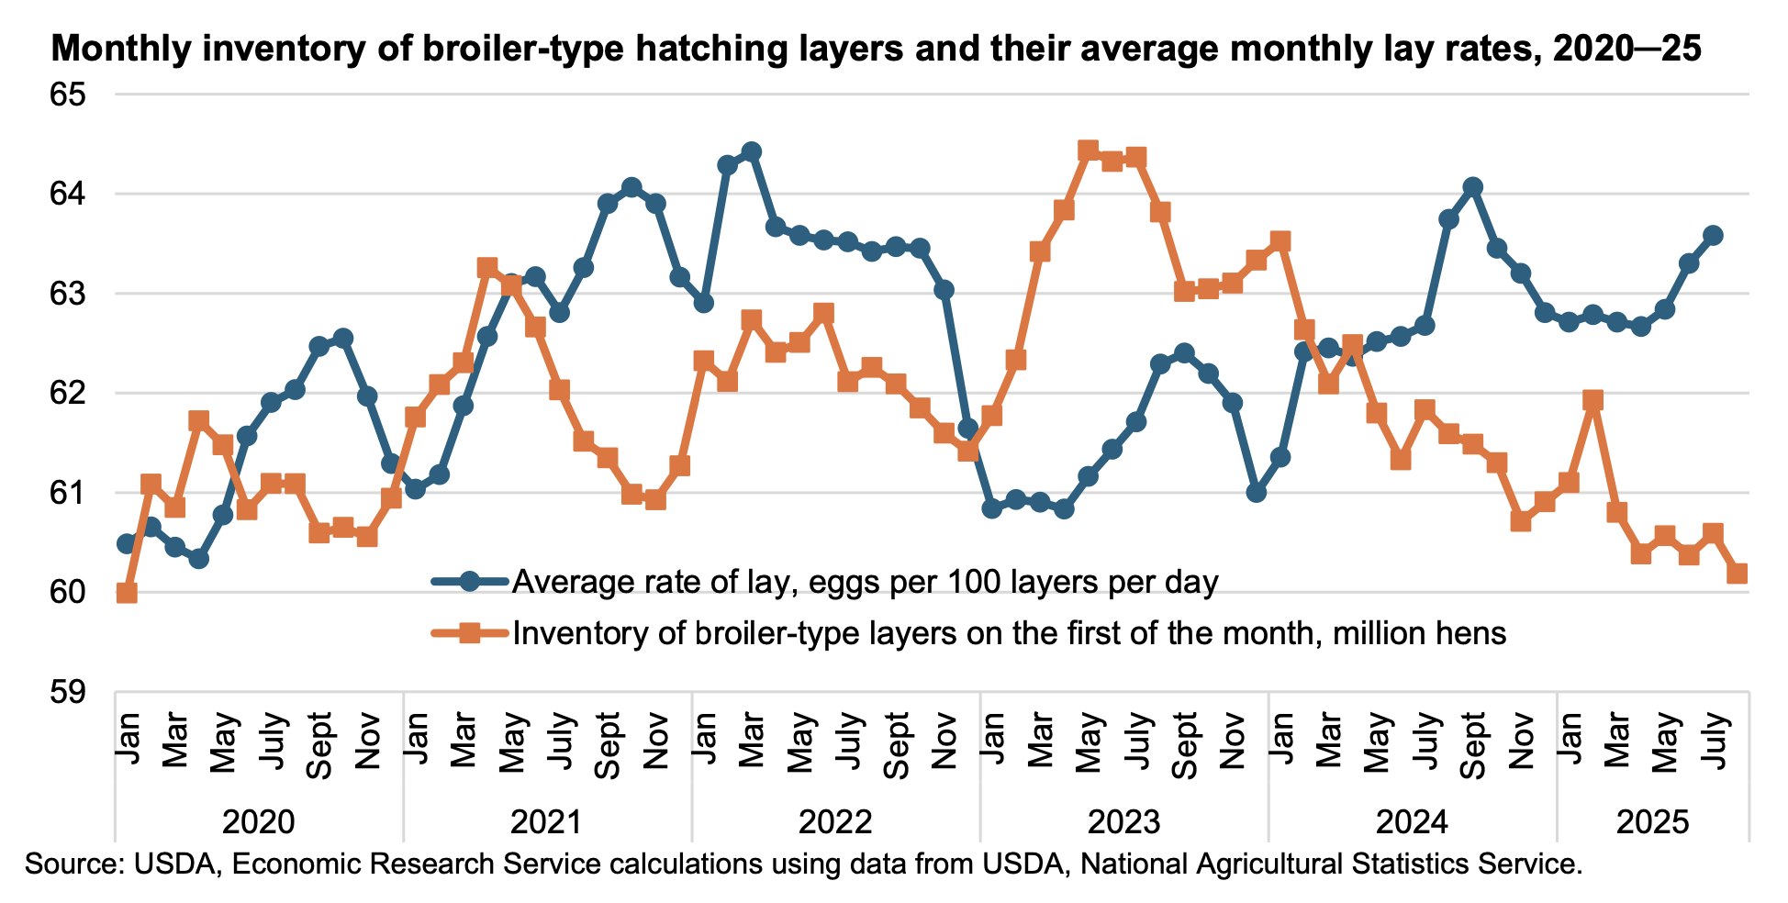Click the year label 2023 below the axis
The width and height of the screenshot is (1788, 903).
1123,821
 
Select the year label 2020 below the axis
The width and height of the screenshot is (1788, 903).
259,821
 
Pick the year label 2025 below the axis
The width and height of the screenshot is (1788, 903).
1652,821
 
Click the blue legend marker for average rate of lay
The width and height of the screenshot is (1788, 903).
469,582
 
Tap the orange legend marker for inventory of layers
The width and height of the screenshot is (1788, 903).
469,633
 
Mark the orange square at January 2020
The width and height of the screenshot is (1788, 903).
128,593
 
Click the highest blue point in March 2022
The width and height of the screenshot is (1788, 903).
752,151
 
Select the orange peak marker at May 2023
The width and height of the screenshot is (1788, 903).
1088,150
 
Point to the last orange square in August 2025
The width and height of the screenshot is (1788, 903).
1737,573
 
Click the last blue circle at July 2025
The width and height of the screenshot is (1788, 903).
1713,236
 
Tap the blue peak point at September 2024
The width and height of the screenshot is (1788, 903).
1473,187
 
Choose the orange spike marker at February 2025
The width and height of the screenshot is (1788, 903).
1593,400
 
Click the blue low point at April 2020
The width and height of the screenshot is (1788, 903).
199,558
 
